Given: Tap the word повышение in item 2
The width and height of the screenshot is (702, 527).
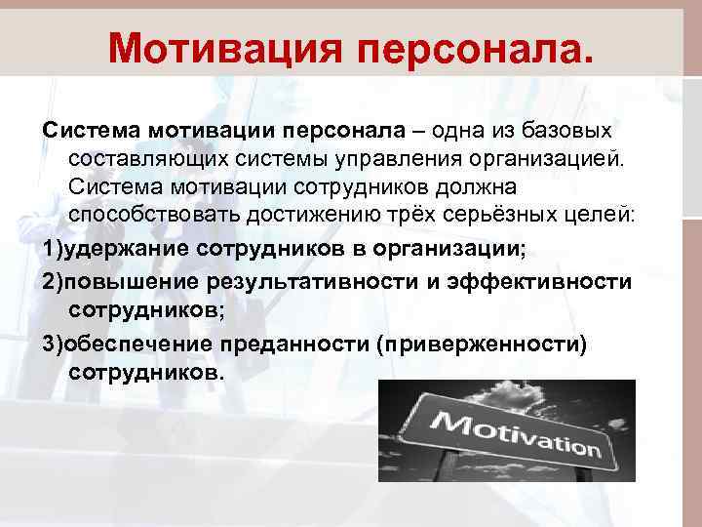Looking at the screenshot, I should (132, 282).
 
